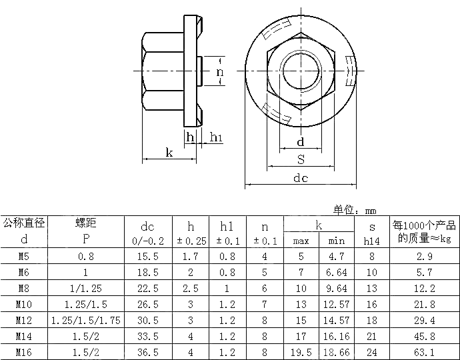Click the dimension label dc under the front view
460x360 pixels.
click(x=301, y=179)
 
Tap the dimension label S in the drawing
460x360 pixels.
click(x=301, y=159)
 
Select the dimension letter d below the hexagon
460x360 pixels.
click(x=301, y=141)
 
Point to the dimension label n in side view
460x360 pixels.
click(x=219, y=71)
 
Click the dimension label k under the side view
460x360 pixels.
click(x=169, y=153)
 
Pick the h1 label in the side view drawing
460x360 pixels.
click(x=216, y=137)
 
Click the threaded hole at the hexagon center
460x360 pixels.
click(x=300, y=71)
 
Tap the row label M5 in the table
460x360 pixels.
click(x=23, y=257)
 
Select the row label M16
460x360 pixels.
click(x=23, y=352)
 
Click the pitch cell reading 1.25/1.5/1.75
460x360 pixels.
click(x=85, y=320)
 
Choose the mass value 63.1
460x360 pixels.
click(x=424, y=352)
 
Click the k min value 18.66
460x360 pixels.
click(x=337, y=352)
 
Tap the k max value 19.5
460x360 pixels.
click(x=301, y=352)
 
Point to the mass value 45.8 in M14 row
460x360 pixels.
click(x=424, y=336)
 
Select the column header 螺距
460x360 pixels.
click(x=85, y=224)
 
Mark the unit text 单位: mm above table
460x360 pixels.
click(x=355, y=209)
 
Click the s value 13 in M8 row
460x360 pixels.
click(x=372, y=288)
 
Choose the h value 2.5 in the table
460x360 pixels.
click(x=191, y=288)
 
